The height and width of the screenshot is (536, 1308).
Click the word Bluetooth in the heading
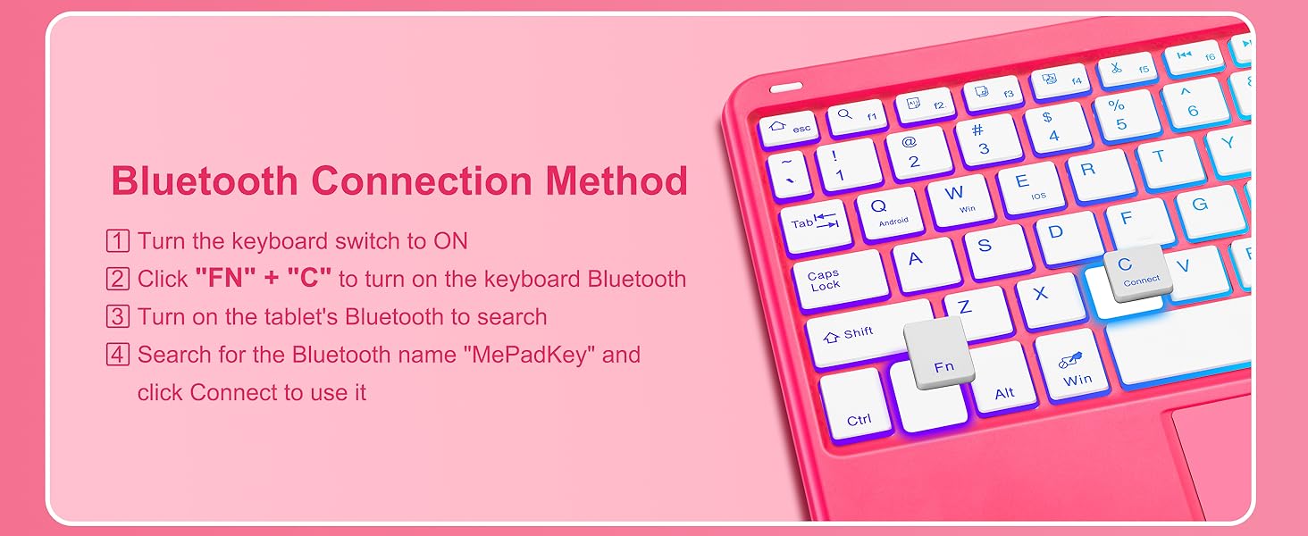coord(205,180)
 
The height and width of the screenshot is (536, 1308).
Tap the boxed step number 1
coord(117,240)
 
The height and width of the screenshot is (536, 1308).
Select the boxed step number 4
coord(117,355)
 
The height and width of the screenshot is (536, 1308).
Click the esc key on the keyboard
coord(788,127)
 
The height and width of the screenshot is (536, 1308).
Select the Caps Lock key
coord(840,279)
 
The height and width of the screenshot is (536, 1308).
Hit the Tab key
coord(816,225)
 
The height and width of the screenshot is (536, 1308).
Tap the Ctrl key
coord(857,405)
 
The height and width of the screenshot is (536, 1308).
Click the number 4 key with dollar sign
coord(1058,127)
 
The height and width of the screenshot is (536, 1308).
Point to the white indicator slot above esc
coord(786,88)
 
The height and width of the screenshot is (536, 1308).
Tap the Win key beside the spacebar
coord(1071,365)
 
